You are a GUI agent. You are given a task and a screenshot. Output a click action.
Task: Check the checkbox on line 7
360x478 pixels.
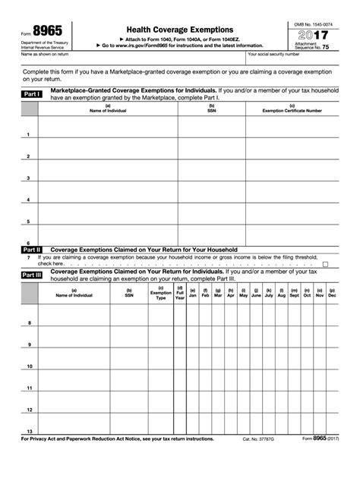tap(326, 264)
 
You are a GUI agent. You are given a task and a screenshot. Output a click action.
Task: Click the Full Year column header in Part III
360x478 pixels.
tap(179, 294)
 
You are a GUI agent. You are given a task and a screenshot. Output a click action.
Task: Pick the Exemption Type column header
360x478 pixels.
tap(160, 294)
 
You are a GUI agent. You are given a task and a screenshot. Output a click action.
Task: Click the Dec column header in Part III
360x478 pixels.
tap(332, 293)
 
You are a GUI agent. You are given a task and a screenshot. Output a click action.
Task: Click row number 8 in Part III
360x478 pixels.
tap(30, 323)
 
